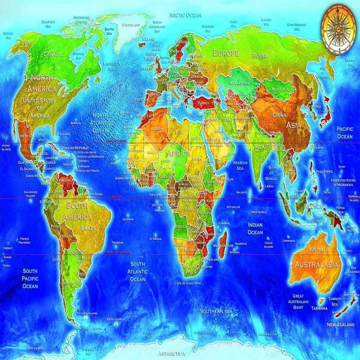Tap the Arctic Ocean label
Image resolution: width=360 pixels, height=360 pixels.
click(x=185, y=14)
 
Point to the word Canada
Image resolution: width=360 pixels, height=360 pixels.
click(x=53, y=55)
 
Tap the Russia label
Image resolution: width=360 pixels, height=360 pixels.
click(x=260, y=56)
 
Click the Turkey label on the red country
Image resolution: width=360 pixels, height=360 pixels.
click(x=205, y=103)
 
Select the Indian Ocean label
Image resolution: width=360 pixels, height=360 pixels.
click(x=256, y=228)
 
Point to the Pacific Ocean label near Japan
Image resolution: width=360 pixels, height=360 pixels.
click(x=344, y=133)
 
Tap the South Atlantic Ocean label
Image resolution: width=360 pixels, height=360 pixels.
click(x=138, y=271)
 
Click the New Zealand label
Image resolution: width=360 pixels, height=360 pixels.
click(x=340, y=324)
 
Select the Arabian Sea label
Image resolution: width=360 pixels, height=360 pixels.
click(x=240, y=165)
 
